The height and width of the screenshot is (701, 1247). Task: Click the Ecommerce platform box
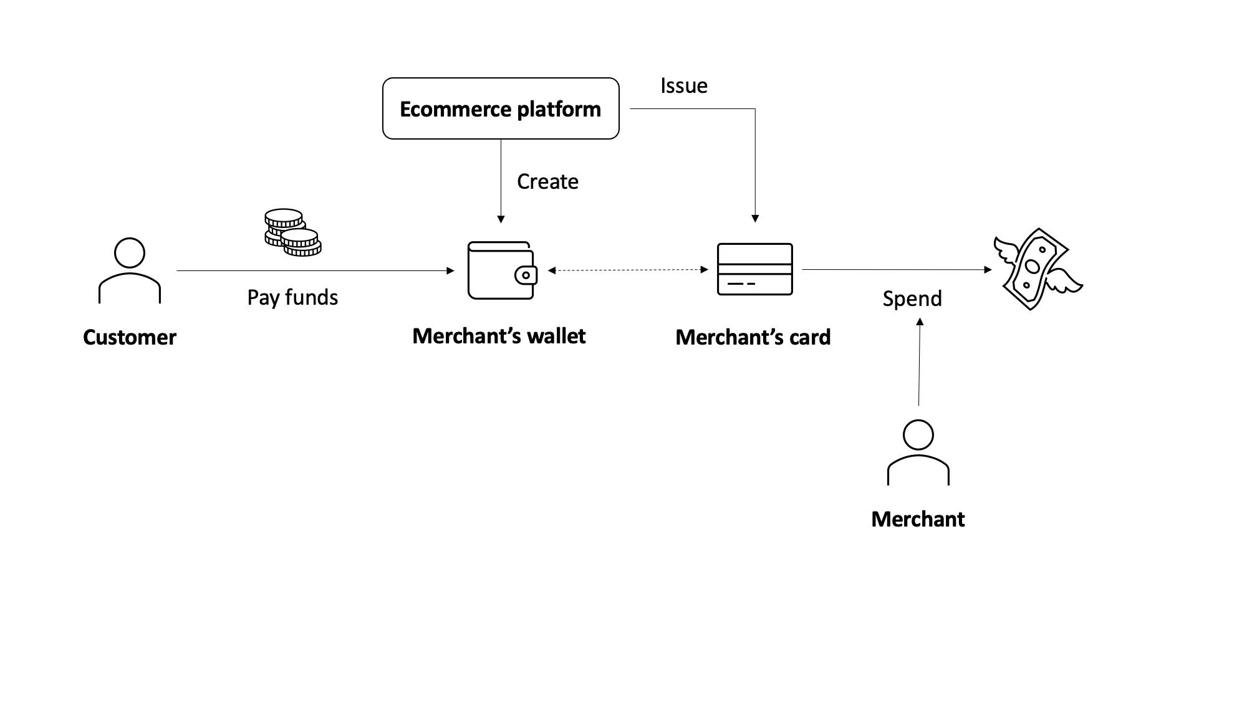coord(500,108)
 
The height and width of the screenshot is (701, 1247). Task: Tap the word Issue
coord(683,85)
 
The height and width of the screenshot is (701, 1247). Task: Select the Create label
coord(547,181)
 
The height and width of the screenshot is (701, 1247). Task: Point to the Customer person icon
coord(130,270)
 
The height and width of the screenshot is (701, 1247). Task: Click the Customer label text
coord(130,337)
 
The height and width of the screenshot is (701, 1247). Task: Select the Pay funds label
coord(292,297)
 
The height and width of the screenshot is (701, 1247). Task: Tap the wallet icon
coord(501,270)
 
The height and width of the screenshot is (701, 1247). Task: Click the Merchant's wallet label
coord(499,336)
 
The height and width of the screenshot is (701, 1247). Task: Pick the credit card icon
coord(754,269)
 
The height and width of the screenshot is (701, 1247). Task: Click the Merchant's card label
coord(753,337)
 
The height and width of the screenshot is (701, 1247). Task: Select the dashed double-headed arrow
coord(628,270)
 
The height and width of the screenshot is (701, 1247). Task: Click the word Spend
coord(912,298)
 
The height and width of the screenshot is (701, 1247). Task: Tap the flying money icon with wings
coord(1036,269)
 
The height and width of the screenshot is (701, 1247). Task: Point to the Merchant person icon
coord(918,452)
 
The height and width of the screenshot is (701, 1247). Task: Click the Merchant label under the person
coord(917,519)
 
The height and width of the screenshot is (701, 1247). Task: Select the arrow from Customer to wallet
coord(315,270)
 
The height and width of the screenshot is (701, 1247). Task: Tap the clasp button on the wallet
coord(526,275)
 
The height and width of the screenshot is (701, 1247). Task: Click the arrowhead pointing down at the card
coord(755,219)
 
